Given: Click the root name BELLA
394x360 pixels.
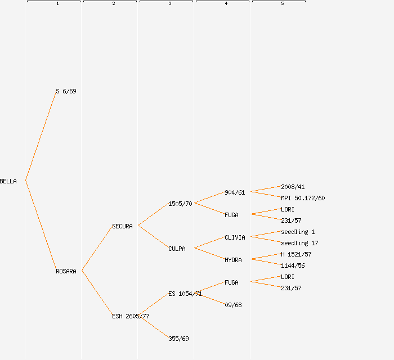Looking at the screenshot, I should click(x=8, y=181).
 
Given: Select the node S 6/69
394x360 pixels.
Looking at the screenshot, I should click(x=66, y=91).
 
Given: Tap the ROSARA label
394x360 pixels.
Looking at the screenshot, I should click(x=66, y=271).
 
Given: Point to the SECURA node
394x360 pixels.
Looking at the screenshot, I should click(x=122, y=226).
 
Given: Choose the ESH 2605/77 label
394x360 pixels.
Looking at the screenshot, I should click(x=131, y=316).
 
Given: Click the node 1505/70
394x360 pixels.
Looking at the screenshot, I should click(x=180, y=204).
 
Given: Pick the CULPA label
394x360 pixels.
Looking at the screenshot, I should click(x=177, y=249).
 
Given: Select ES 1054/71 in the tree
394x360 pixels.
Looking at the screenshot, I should click(x=185, y=294).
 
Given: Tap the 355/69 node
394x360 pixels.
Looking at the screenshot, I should click(x=178, y=339).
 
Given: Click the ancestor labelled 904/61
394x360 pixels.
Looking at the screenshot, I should click(x=235, y=192).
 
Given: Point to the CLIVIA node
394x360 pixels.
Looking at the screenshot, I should click(x=235, y=237).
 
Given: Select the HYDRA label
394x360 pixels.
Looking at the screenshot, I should click(x=233, y=260).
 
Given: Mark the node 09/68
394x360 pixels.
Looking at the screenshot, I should click(x=233, y=305).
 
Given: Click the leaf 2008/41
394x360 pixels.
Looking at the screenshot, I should click(x=293, y=187).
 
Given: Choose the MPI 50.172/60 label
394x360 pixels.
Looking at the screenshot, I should click(x=303, y=198).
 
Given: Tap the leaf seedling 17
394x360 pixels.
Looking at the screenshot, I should click(x=299, y=243).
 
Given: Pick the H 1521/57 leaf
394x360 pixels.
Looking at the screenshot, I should click(x=296, y=254).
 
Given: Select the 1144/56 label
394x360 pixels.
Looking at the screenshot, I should click(x=293, y=265).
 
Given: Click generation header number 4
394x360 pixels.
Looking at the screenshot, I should click(x=226, y=4).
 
